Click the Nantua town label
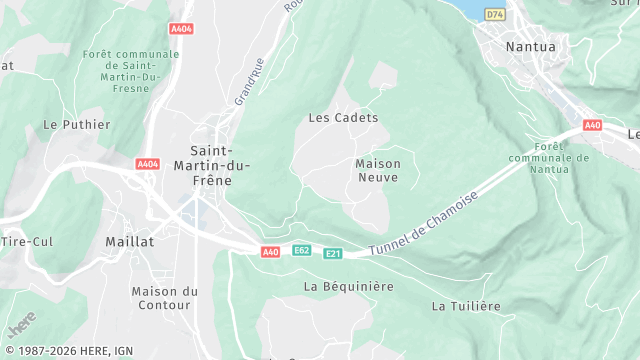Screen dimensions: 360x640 pyautogui.click(x=530, y=46)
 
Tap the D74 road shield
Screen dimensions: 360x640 pyautogui.click(x=494, y=15)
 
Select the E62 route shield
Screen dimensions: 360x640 pyautogui.click(x=302, y=249)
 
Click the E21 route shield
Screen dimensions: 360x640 pyautogui.click(x=333, y=254)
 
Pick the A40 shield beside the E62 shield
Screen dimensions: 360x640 pyautogui.click(x=270, y=253)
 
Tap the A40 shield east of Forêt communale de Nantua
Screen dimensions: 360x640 pyautogui.click(x=592, y=125)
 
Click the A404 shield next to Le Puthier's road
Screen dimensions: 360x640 pyautogui.click(x=148, y=163)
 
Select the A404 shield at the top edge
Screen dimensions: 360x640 pyautogui.click(x=181, y=29)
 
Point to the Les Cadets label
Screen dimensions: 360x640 pyautogui.click(x=343, y=118)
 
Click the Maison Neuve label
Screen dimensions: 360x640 pyautogui.click(x=377, y=170)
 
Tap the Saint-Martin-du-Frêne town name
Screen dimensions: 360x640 pyautogui.click(x=211, y=165)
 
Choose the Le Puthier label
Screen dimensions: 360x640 pyautogui.click(x=65, y=125)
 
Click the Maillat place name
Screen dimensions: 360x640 pyautogui.click(x=129, y=242)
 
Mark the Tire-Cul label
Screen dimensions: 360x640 pyautogui.click(x=26, y=242)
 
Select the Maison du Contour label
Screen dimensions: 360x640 pyautogui.click(x=165, y=298)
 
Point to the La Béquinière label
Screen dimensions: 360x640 pyautogui.click(x=348, y=286)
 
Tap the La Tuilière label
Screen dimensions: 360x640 pyautogui.click(x=465, y=306)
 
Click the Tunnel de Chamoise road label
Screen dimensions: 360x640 pyautogui.click(x=424, y=223)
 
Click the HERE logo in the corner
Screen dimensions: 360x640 pyautogui.click(x=22, y=326)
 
